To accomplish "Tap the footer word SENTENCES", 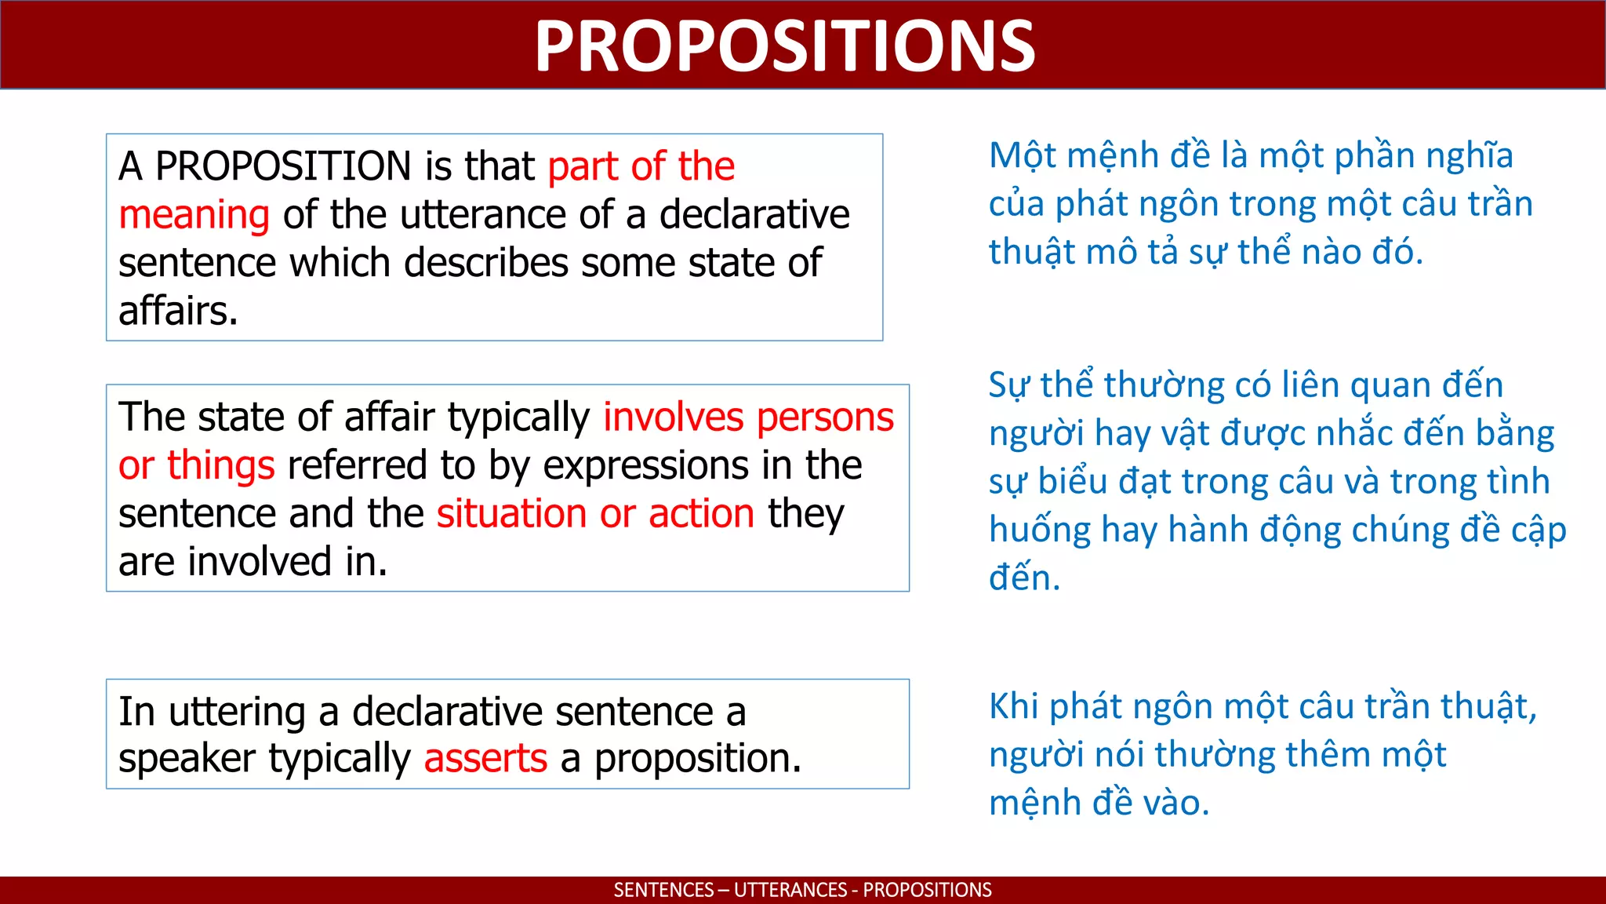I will [663, 890].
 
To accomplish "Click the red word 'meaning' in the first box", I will [194, 215].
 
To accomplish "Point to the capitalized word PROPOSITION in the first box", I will [283, 166].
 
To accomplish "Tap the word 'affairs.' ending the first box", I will [178, 311].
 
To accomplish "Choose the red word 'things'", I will [220, 465].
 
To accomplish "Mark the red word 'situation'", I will [511, 514].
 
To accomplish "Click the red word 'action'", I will [701, 514].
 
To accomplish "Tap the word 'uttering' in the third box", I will [237, 712].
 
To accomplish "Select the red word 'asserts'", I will [485, 759].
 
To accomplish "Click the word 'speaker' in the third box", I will [187, 759].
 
